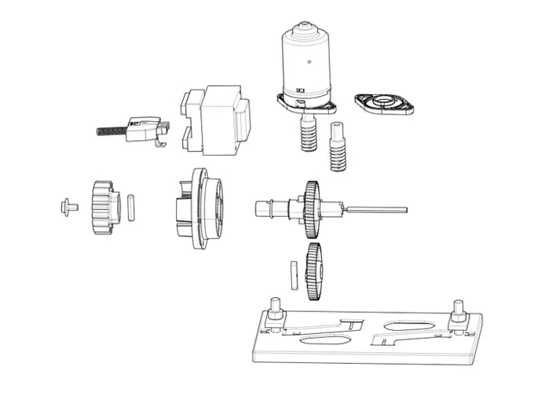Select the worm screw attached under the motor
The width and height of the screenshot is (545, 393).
click(308, 135)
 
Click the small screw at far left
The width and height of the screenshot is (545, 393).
click(68, 207)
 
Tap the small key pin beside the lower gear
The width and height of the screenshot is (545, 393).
click(293, 274)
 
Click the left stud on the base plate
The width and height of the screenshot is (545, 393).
click(276, 310)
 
